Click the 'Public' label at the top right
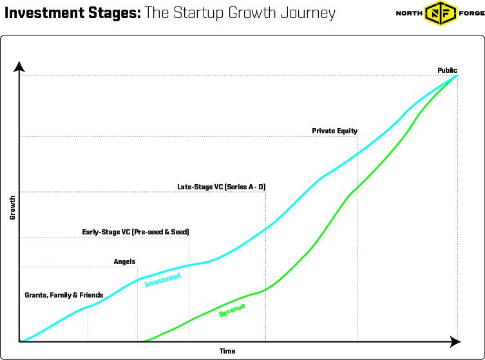click(x=447, y=70)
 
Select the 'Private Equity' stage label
click(x=334, y=131)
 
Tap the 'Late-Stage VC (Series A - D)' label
click(x=221, y=187)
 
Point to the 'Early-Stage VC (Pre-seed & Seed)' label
click(x=135, y=232)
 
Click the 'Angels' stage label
click(x=124, y=261)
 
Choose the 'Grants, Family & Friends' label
click(x=64, y=295)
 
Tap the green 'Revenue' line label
click(x=232, y=310)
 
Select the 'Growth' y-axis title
click(x=12, y=207)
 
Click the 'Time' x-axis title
click(x=227, y=351)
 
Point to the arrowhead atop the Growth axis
click(x=19, y=66)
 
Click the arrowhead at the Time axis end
click(x=455, y=341)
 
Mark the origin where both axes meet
click(x=20, y=341)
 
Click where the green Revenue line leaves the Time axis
click(x=143, y=341)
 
